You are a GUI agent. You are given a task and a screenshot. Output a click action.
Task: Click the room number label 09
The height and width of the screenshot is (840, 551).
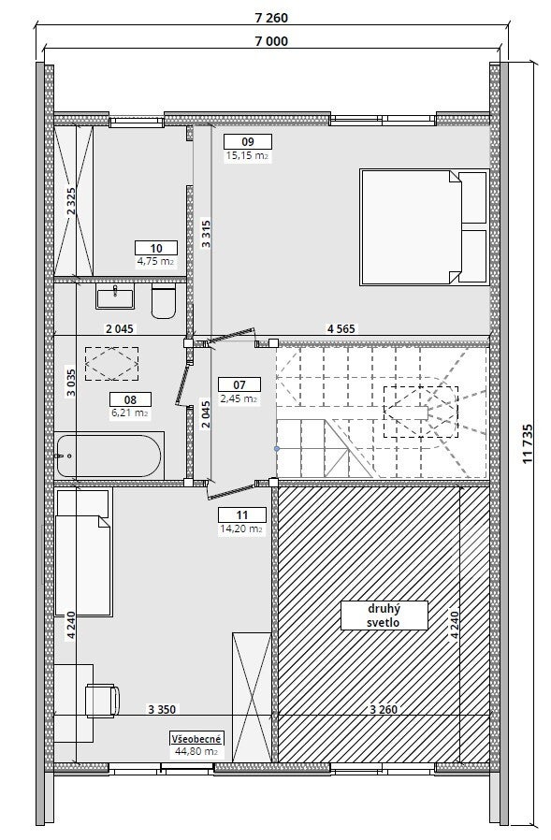pyautogui.click(x=248, y=142)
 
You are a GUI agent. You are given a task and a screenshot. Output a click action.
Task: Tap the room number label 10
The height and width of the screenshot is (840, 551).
pyautogui.click(x=156, y=248)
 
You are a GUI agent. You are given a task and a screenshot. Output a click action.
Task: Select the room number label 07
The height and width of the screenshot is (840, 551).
pyautogui.click(x=239, y=384)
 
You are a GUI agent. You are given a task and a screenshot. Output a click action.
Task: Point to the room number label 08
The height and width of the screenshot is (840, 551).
pyautogui.click(x=130, y=399)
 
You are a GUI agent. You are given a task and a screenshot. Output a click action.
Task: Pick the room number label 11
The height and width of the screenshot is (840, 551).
pyautogui.click(x=241, y=515)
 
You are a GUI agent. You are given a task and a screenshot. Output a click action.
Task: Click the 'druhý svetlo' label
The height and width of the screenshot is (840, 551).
pyautogui.click(x=384, y=616)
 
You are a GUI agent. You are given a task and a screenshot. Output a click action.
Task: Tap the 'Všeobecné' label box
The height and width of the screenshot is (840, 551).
pyautogui.click(x=196, y=738)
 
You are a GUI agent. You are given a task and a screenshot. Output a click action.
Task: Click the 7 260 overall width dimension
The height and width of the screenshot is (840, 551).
pyautogui.click(x=270, y=18)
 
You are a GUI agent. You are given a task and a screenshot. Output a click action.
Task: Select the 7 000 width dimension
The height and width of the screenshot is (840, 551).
pyautogui.click(x=270, y=41)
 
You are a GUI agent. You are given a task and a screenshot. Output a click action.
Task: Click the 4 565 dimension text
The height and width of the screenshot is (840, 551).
pyautogui.click(x=341, y=329)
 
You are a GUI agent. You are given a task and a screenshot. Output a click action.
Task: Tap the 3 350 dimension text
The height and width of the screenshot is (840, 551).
pyautogui.click(x=162, y=710)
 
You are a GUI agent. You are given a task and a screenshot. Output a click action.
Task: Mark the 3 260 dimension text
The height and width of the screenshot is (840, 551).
pyautogui.click(x=384, y=710)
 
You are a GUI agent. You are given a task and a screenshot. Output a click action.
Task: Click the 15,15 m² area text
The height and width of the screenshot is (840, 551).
pyautogui.click(x=247, y=156)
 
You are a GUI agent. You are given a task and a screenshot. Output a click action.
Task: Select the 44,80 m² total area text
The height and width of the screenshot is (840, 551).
pyautogui.click(x=196, y=752)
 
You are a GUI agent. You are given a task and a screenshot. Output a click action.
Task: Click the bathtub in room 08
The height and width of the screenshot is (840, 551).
pyautogui.click(x=109, y=456)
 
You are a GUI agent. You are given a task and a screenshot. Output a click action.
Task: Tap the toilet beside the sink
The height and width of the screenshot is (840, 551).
pyautogui.click(x=164, y=301)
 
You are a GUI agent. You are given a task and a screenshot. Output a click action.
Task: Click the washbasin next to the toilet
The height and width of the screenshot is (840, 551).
pyautogui.click(x=115, y=297)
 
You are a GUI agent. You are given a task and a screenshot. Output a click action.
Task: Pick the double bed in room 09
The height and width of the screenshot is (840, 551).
pyautogui.click(x=425, y=226)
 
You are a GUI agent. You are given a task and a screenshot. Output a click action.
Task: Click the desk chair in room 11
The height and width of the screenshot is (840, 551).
pyautogui.click(x=102, y=701)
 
